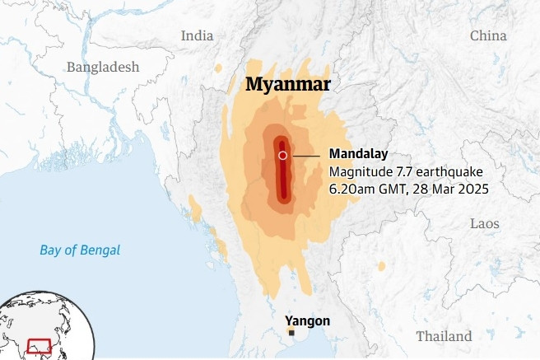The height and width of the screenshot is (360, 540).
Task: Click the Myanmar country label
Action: [x=288, y=85]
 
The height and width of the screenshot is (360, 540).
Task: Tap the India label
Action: [x=197, y=35]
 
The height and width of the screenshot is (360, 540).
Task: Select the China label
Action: [x=488, y=35]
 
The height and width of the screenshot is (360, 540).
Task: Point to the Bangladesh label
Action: [x=103, y=67]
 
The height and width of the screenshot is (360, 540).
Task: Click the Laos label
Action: [x=484, y=223]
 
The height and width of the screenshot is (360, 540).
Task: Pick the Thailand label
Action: [x=444, y=336]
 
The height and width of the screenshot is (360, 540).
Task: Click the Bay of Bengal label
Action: [x=80, y=250]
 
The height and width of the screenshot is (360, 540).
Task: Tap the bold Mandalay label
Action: [x=358, y=154]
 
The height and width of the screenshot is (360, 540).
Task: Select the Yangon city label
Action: [x=307, y=320]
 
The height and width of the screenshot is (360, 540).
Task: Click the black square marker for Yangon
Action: [x=291, y=332]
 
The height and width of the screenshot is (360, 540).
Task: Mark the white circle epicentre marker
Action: [x=282, y=155]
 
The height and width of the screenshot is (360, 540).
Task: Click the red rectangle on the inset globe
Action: [x=38, y=345]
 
